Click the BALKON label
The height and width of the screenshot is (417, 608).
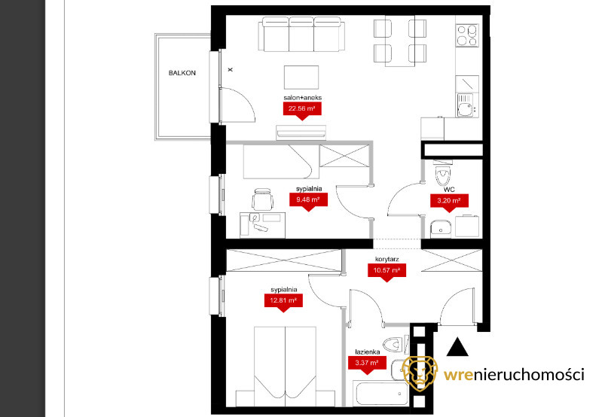click(182, 73)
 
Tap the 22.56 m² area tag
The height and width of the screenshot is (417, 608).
click(302, 110)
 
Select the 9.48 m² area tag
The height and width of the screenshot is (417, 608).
click(308, 201)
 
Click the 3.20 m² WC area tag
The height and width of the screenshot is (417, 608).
click(449, 202)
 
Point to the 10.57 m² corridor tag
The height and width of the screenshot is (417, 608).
click(386, 271)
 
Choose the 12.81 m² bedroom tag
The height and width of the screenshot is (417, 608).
click(283, 302)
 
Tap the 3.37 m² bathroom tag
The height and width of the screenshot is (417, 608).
click(367, 364)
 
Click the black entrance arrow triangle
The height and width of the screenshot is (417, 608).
click(457, 347)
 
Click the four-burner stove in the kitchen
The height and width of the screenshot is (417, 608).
click(467, 35)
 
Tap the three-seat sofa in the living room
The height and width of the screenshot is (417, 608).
click(301, 34)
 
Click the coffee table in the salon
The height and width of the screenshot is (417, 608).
click(301, 78)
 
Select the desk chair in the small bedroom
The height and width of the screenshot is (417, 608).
click(262, 199)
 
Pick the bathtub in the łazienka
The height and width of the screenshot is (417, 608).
click(380, 393)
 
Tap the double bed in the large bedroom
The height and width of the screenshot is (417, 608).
click(285, 367)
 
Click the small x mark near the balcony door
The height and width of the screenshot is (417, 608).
click(231, 70)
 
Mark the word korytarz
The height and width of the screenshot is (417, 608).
click(387, 259)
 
